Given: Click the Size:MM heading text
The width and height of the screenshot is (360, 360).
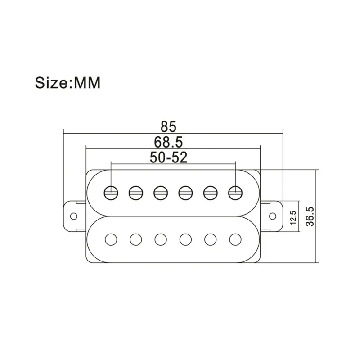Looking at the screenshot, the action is pyautogui.click(x=68, y=83).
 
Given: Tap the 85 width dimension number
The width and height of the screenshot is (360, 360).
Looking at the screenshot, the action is pyautogui.click(x=168, y=126).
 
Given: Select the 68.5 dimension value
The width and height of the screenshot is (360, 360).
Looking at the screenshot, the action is pyautogui.click(x=168, y=142).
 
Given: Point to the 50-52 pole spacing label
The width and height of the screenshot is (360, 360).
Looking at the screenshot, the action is pyautogui.click(x=168, y=157).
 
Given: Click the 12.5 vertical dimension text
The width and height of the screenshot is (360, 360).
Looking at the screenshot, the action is pyautogui.click(x=293, y=217).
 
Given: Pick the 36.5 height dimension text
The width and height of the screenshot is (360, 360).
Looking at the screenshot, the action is pyautogui.click(x=310, y=216).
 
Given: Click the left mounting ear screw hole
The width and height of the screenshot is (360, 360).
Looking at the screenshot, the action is pyautogui.click(x=74, y=216).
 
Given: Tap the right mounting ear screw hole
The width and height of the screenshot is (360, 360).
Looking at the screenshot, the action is pyautogui.click(x=273, y=216).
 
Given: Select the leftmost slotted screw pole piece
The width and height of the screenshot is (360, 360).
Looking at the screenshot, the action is pyautogui.click(x=111, y=193).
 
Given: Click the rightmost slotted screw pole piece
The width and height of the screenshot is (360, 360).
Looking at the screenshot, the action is pyautogui.click(x=235, y=193).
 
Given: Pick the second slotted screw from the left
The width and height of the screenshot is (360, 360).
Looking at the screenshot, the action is pyautogui.click(x=136, y=193).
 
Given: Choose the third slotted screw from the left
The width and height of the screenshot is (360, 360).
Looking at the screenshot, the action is pyautogui.click(x=161, y=193).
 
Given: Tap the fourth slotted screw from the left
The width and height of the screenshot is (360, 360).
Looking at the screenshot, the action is pyautogui.click(x=186, y=193).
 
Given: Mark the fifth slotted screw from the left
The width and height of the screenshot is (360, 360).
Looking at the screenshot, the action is pyautogui.click(x=211, y=193).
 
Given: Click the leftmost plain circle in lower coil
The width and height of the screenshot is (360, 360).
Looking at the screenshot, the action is pyautogui.click(x=111, y=239).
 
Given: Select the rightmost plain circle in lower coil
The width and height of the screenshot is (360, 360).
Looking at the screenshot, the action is pyautogui.click(x=235, y=239).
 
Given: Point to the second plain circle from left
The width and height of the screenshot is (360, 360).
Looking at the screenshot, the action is pyautogui.click(x=136, y=239).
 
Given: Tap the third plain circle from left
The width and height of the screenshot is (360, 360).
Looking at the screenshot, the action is pyautogui.click(x=161, y=239).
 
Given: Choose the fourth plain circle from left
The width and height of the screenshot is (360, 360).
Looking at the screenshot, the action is pyautogui.click(x=186, y=239).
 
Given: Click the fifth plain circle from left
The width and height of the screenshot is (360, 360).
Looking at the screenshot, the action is pyautogui.click(x=211, y=239).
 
